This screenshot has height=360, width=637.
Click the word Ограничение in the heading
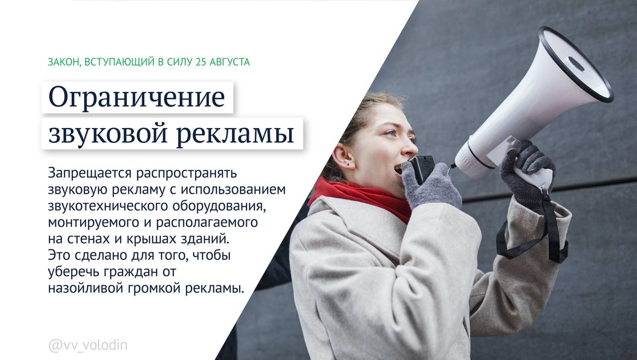click(x=137, y=98)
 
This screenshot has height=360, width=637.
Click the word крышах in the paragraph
click(x=158, y=239)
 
